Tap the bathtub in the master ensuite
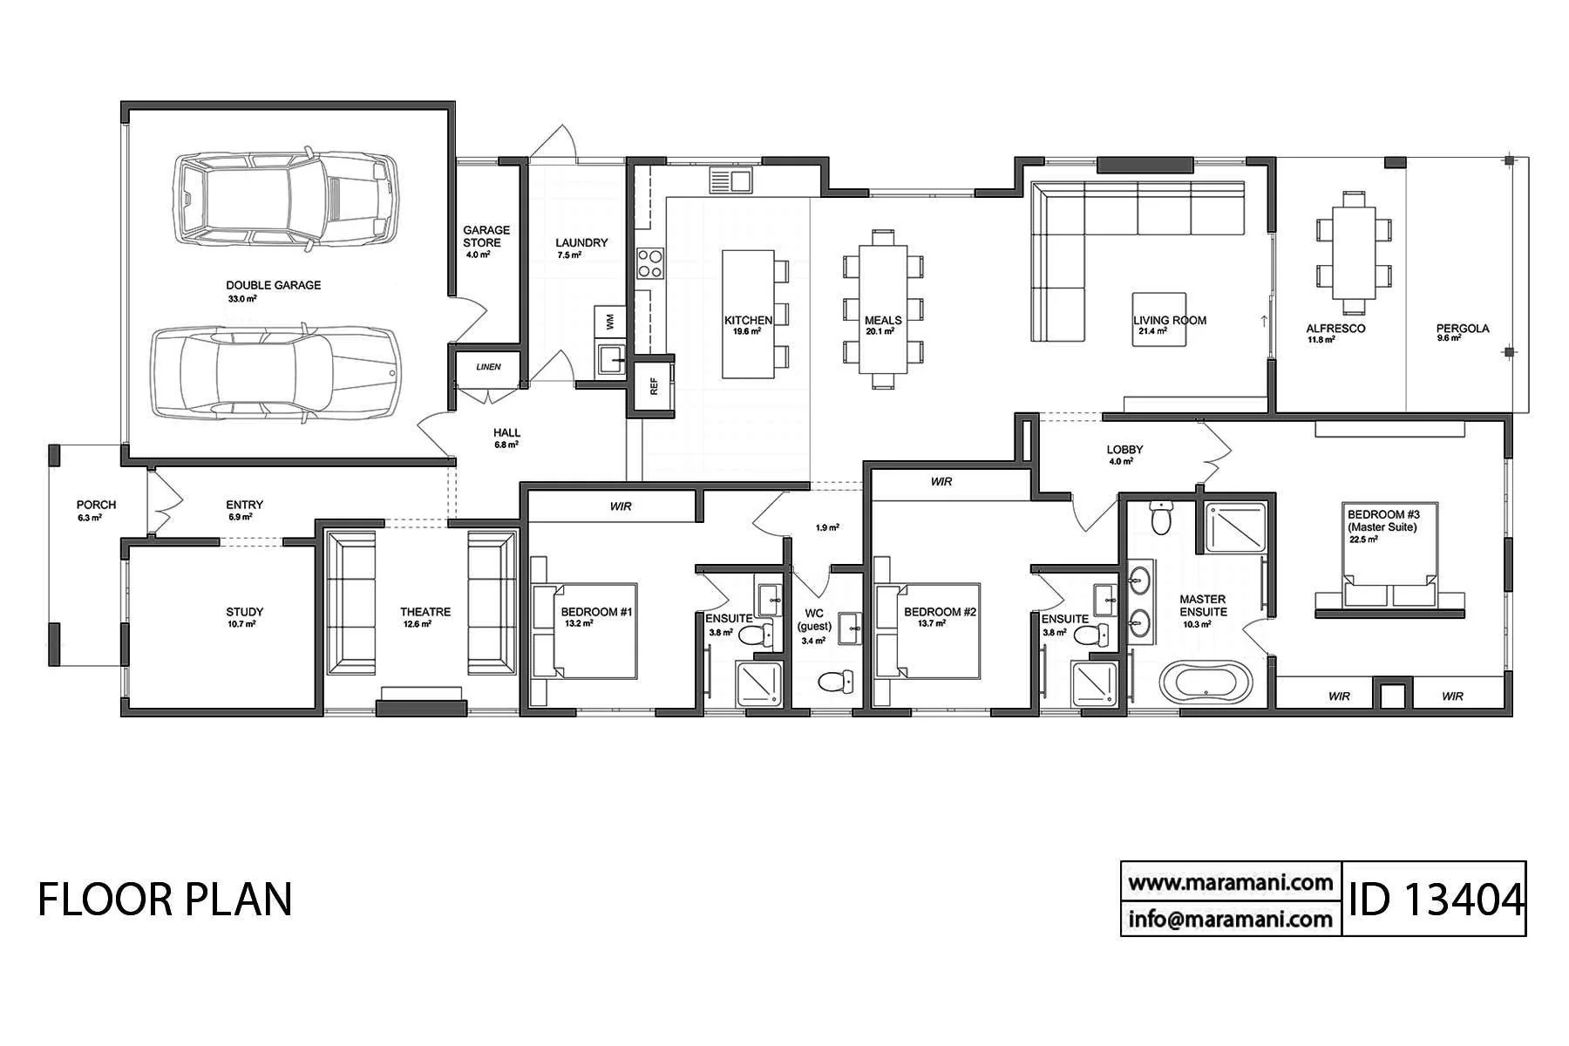click(x=1206, y=680)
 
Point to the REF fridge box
click(x=654, y=384)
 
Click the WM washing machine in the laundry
click(x=609, y=322)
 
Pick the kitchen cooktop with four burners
click(x=650, y=262)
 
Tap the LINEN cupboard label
click(x=489, y=367)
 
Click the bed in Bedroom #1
click(x=585, y=631)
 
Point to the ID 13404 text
click(x=1435, y=899)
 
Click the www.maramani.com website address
click(x=1231, y=883)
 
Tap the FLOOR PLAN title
click(x=165, y=900)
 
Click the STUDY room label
click(x=244, y=612)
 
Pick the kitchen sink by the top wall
click(x=730, y=180)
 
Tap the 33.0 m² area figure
click(x=242, y=299)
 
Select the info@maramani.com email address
click(x=1231, y=919)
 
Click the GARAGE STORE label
click(x=486, y=236)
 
